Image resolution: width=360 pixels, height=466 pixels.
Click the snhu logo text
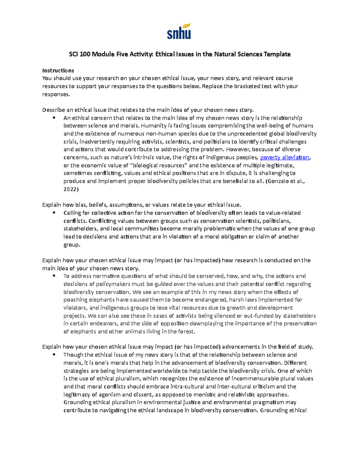(x=178, y=34)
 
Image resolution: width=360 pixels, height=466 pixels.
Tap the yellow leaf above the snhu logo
(x=187, y=26)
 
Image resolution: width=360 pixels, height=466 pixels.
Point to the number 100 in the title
(x=85, y=54)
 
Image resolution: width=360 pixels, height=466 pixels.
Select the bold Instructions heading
(x=58, y=71)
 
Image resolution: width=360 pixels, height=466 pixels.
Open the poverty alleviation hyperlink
(x=284, y=158)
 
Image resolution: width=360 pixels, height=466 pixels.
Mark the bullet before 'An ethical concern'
(x=54, y=118)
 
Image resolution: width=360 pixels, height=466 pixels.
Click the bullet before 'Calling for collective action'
(x=54, y=213)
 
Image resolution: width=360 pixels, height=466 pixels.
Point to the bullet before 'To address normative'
(x=54, y=276)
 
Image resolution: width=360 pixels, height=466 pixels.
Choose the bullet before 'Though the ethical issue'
(x=54, y=355)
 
